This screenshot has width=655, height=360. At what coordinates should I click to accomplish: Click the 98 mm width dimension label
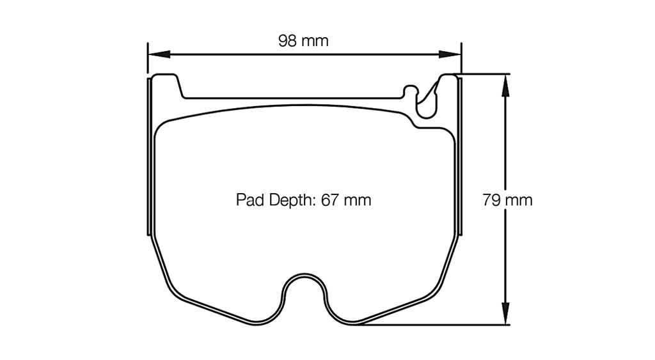pyautogui.click(x=303, y=42)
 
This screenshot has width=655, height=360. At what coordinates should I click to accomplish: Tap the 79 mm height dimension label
pyautogui.click(x=507, y=200)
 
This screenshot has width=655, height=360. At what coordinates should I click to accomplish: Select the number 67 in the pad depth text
pyautogui.click(x=329, y=200)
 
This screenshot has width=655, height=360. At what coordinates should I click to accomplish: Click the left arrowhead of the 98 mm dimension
pyautogui.click(x=154, y=54)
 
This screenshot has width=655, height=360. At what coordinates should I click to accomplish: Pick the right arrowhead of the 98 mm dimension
pyautogui.click(x=455, y=54)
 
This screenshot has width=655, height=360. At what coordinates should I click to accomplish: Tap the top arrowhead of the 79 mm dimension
pyautogui.click(x=506, y=79)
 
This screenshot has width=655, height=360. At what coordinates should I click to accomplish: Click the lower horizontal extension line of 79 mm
pyautogui.click(x=435, y=325)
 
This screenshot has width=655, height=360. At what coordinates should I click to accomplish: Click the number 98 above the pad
pyautogui.click(x=288, y=42)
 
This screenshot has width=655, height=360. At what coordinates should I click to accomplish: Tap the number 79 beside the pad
pyautogui.click(x=491, y=200)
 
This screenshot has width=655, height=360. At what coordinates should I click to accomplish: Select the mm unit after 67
pyautogui.click(x=357, y=200)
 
